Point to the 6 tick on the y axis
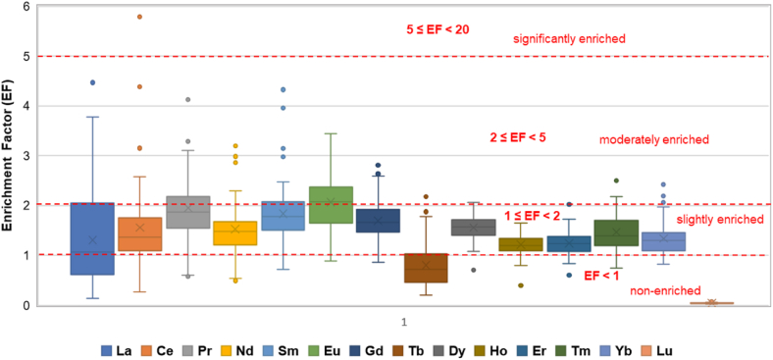[x=26, y=7]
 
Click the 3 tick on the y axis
[x=26, y=156]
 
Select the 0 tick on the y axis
[x=26, y=305]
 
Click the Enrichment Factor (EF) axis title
[x=9, y=157]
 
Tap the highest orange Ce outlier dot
[x=140, y=17]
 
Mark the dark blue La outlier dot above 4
[x=93, y=82]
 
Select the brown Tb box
[x=426, y=268]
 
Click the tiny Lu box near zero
[x=711, y=303]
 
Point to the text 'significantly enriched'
[x=569, y=39]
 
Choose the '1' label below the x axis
[x=402, y=321]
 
